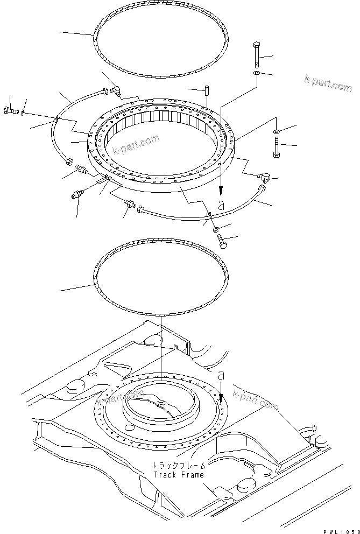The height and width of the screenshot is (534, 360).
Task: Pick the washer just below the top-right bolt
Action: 257,74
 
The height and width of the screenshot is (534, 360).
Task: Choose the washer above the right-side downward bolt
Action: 276,131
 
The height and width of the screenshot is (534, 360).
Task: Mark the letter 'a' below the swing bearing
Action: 221,205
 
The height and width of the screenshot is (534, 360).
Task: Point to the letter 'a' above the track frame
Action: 220,375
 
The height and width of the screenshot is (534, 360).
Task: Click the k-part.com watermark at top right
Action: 328,83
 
